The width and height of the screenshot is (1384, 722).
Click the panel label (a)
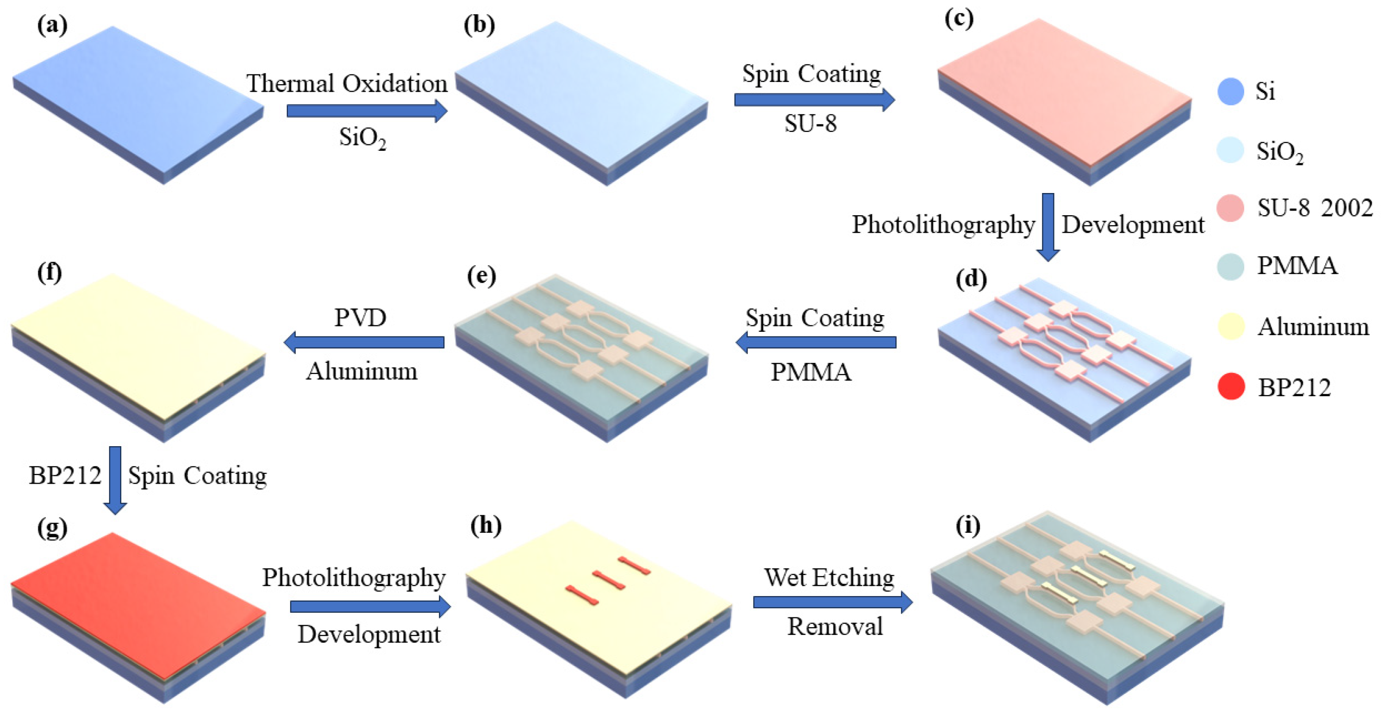point(52,25)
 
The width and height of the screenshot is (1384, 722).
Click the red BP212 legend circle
point(1231,386)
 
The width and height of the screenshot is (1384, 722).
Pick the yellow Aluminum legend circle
point(1231,326)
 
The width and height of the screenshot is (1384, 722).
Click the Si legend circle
point(1231,91)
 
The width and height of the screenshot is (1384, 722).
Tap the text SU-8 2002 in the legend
point(1314,208)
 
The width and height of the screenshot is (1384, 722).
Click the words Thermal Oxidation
point(347,83)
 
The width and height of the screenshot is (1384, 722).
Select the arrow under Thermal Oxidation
point(367,111)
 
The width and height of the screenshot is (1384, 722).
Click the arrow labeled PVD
point(364,342)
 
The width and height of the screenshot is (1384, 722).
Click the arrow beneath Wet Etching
point(833,602)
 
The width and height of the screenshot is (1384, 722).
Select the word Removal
point(835,626)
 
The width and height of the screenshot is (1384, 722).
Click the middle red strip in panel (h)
point(608,581)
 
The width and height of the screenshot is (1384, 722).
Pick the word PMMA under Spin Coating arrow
point(811,372)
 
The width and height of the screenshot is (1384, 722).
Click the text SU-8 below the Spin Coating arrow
point(810,124)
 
